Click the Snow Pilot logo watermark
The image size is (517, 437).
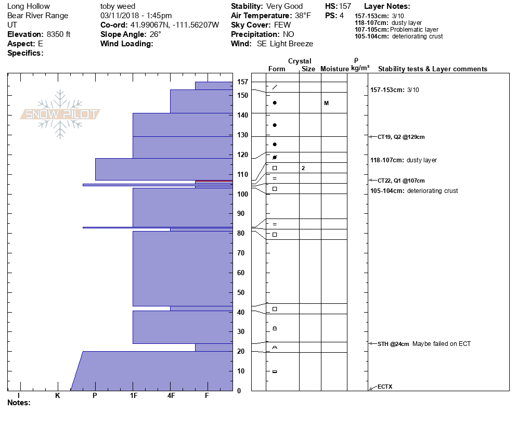60,114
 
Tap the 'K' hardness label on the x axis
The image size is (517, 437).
58,396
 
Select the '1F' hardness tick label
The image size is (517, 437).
134,396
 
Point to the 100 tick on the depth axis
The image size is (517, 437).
242,194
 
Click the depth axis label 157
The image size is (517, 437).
242,82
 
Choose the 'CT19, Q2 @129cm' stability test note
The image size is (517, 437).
401,137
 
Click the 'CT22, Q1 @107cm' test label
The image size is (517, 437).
401,181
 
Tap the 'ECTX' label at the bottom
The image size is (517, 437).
385,387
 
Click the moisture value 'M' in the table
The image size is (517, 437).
326,103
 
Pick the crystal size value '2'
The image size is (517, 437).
303,168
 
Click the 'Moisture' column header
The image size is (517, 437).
334,69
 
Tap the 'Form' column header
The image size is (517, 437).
277,69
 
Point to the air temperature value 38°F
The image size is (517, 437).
302,16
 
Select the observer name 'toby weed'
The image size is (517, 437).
118,6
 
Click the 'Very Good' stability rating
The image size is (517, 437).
285,6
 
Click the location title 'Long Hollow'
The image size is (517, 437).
29,6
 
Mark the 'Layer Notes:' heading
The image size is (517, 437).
387,6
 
